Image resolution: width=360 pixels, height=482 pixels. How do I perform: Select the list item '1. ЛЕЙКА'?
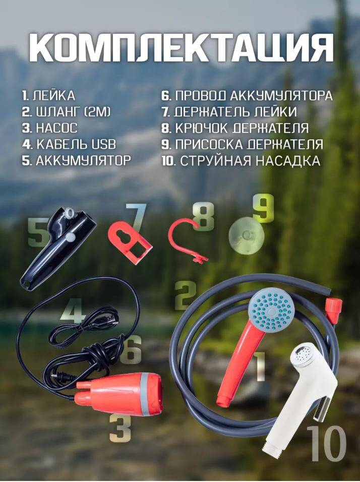[48, 96]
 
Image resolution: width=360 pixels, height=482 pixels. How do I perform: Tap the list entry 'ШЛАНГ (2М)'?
[73, 112]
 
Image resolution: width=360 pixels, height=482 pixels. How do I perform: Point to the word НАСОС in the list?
[57, 128]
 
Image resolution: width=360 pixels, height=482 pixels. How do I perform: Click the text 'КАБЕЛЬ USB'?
[76, 144]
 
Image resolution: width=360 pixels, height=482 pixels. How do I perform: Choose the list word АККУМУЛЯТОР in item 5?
[83, 160]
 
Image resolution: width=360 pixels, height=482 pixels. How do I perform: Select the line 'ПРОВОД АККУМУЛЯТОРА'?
[254, 96]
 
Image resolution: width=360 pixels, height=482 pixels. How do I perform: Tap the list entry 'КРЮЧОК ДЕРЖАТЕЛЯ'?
[242, 128]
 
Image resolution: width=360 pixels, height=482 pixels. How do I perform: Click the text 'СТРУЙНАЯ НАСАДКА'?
[250, 161]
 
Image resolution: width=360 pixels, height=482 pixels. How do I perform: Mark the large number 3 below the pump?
[120, 428]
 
